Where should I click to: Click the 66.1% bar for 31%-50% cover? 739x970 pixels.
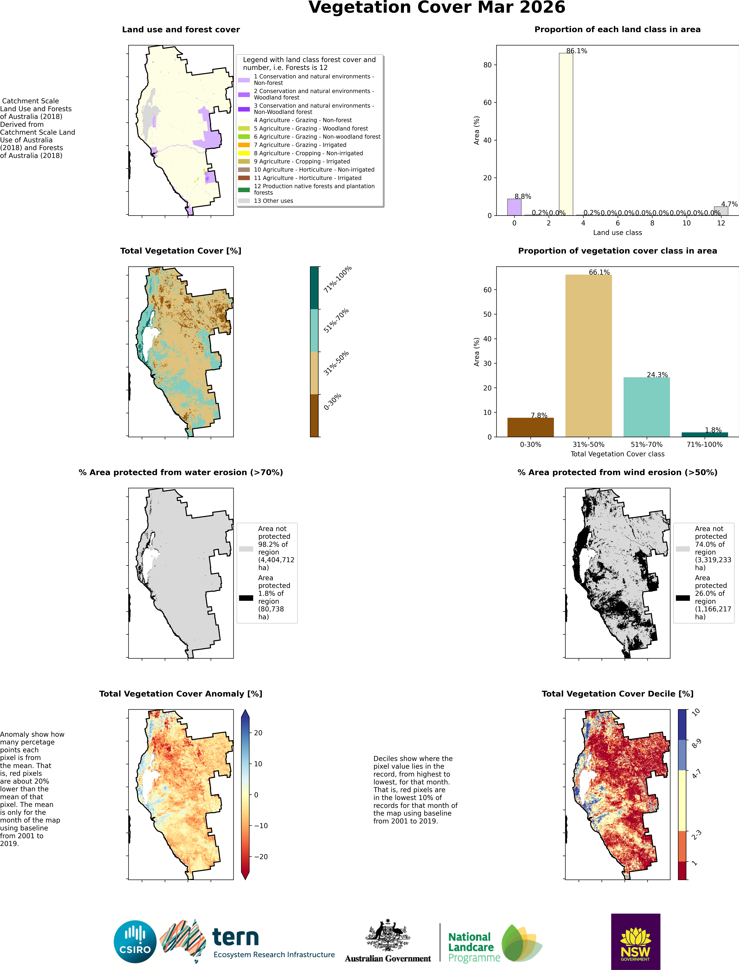tap(589, 356)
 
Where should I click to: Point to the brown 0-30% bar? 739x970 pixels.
tap(530, 427)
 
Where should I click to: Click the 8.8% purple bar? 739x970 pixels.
tap(514, 207)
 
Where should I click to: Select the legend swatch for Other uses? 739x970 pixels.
tap(244, 201)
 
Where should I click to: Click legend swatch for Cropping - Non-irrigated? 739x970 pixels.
tap(244, 153)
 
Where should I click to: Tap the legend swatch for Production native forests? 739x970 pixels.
tap(244, 190)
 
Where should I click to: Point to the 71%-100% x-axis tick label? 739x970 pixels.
tap(705, 445)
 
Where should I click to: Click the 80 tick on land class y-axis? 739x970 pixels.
tap(487, 65)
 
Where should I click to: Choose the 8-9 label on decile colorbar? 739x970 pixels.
tap(696, 743)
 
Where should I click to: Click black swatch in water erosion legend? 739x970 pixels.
tap(246, 598)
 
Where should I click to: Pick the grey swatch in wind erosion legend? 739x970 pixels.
tap(683, 549)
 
